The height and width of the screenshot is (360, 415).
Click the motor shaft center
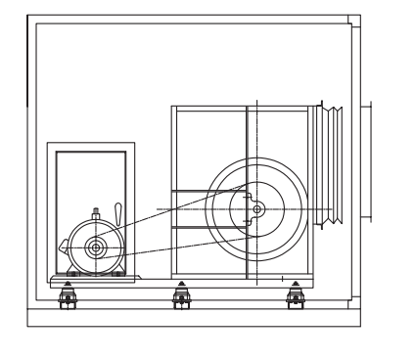coord(96,248)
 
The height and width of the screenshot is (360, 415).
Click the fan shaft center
coord(256,208)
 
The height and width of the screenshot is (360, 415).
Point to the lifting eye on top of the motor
coord(96,213)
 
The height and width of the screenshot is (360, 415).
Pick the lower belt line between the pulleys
coord(176,242)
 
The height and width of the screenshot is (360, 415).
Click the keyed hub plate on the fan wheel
coord(247,208)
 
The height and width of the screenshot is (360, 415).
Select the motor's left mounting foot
coord(70,273)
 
